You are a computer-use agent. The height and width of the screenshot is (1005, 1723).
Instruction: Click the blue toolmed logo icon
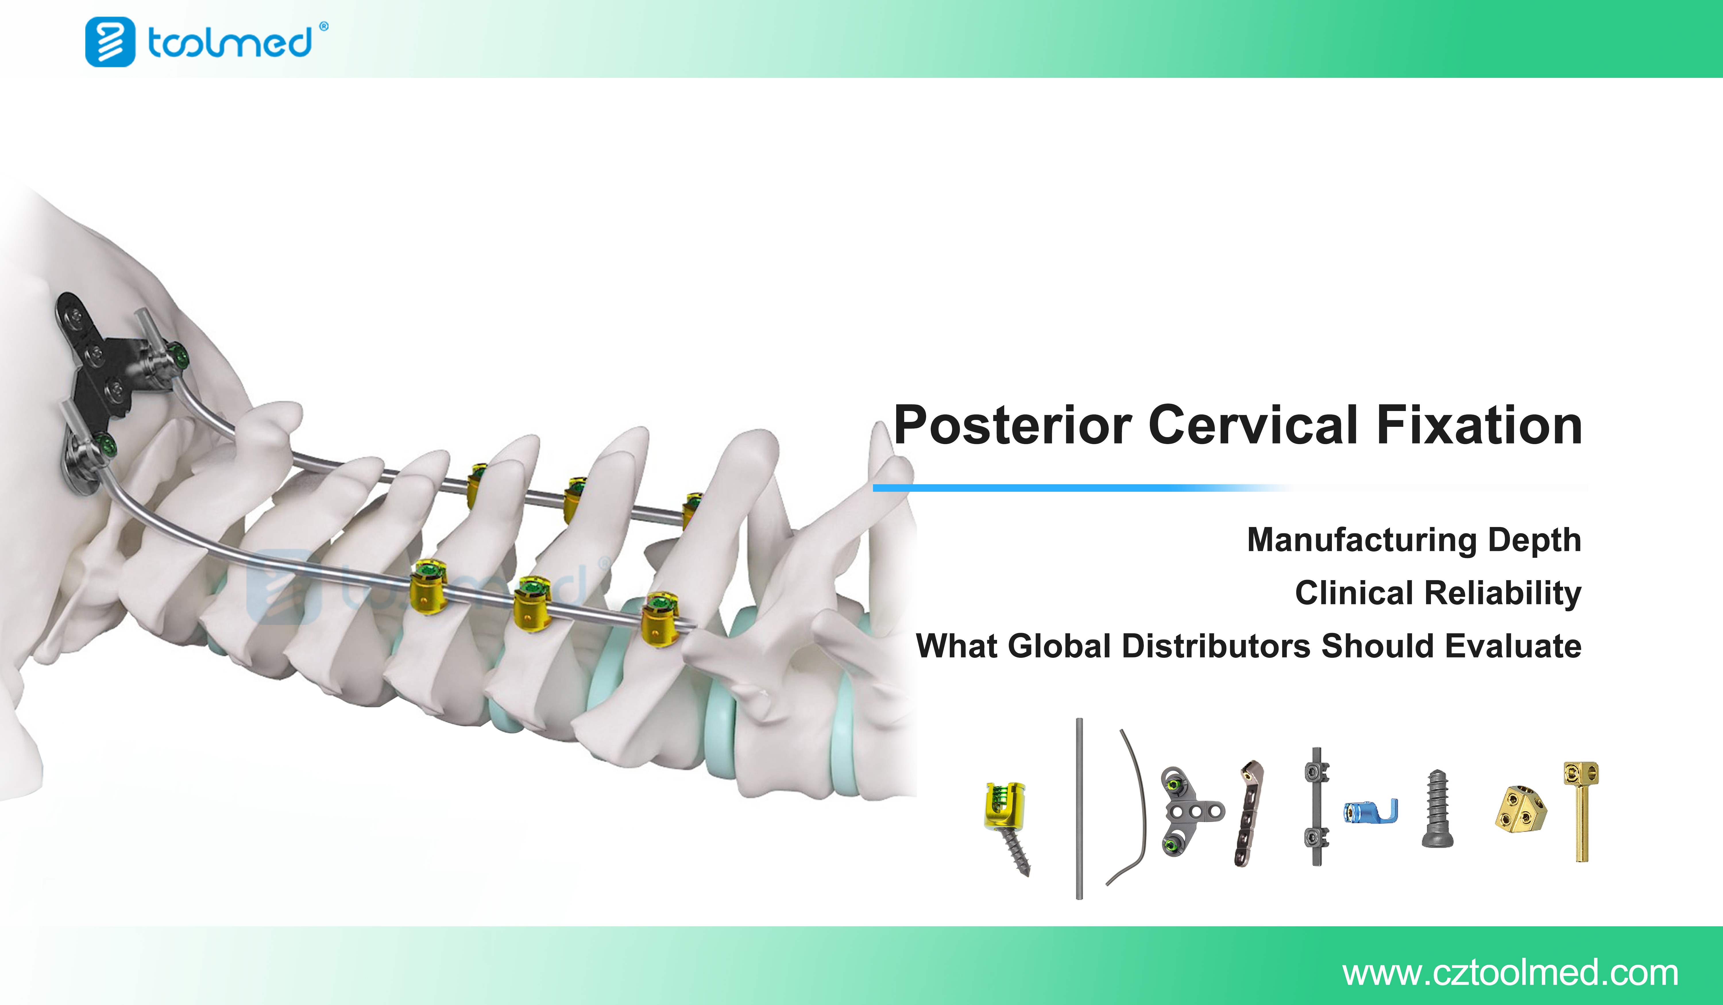point(110,42)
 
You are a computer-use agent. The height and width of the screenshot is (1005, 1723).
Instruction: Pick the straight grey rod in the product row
point(1079,809)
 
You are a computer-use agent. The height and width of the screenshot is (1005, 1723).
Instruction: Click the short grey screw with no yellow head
point(1437,809)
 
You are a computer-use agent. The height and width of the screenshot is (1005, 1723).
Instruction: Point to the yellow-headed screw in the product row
point(1007,827)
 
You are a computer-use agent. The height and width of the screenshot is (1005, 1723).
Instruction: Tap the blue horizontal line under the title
point(1080,487)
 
